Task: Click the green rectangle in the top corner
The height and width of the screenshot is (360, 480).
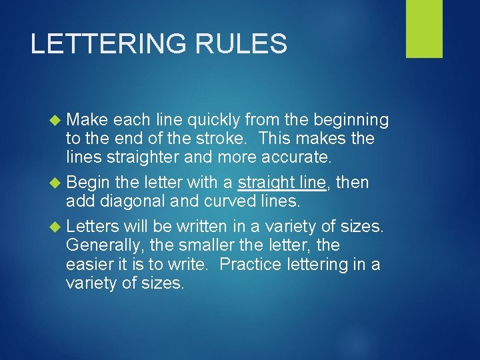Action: tap(424, 29)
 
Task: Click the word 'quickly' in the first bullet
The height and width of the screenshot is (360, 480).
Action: tap(214, 121)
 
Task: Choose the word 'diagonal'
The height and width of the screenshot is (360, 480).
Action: tap(136, 201)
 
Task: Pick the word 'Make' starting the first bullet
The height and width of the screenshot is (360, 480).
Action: tap(87, 120)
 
